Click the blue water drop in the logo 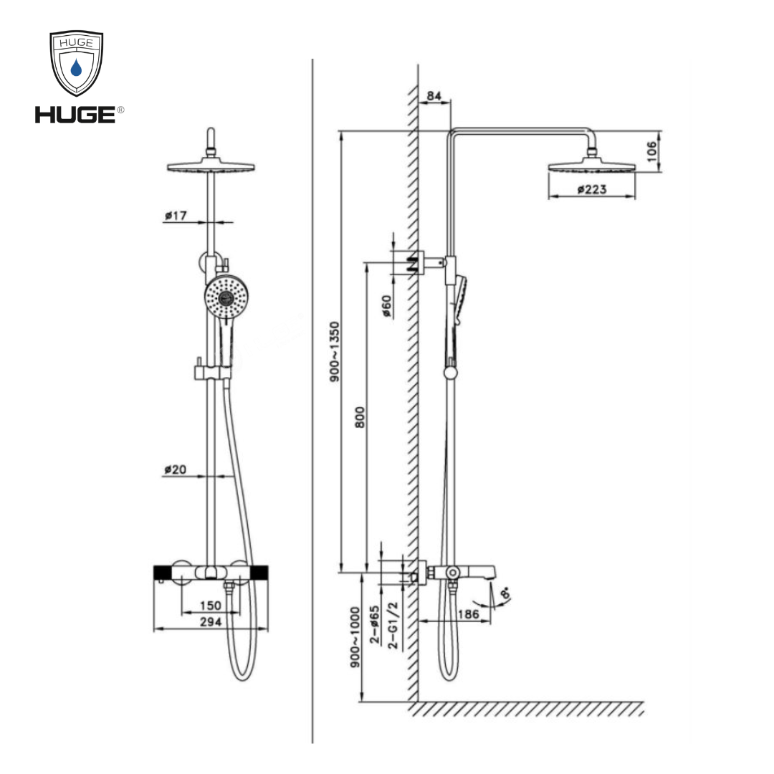point(77,69)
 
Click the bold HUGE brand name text point(75,114)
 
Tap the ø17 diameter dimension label point(176,214)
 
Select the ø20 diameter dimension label point(176,469)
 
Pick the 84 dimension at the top point(433,95)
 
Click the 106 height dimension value point(651,152)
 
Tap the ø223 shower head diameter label point(592,189)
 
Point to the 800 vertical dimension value point(360,418)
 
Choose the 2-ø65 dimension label point(375,626)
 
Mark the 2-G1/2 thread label point(392,626)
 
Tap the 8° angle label point(507,594)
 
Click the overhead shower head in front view point(211,166)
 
